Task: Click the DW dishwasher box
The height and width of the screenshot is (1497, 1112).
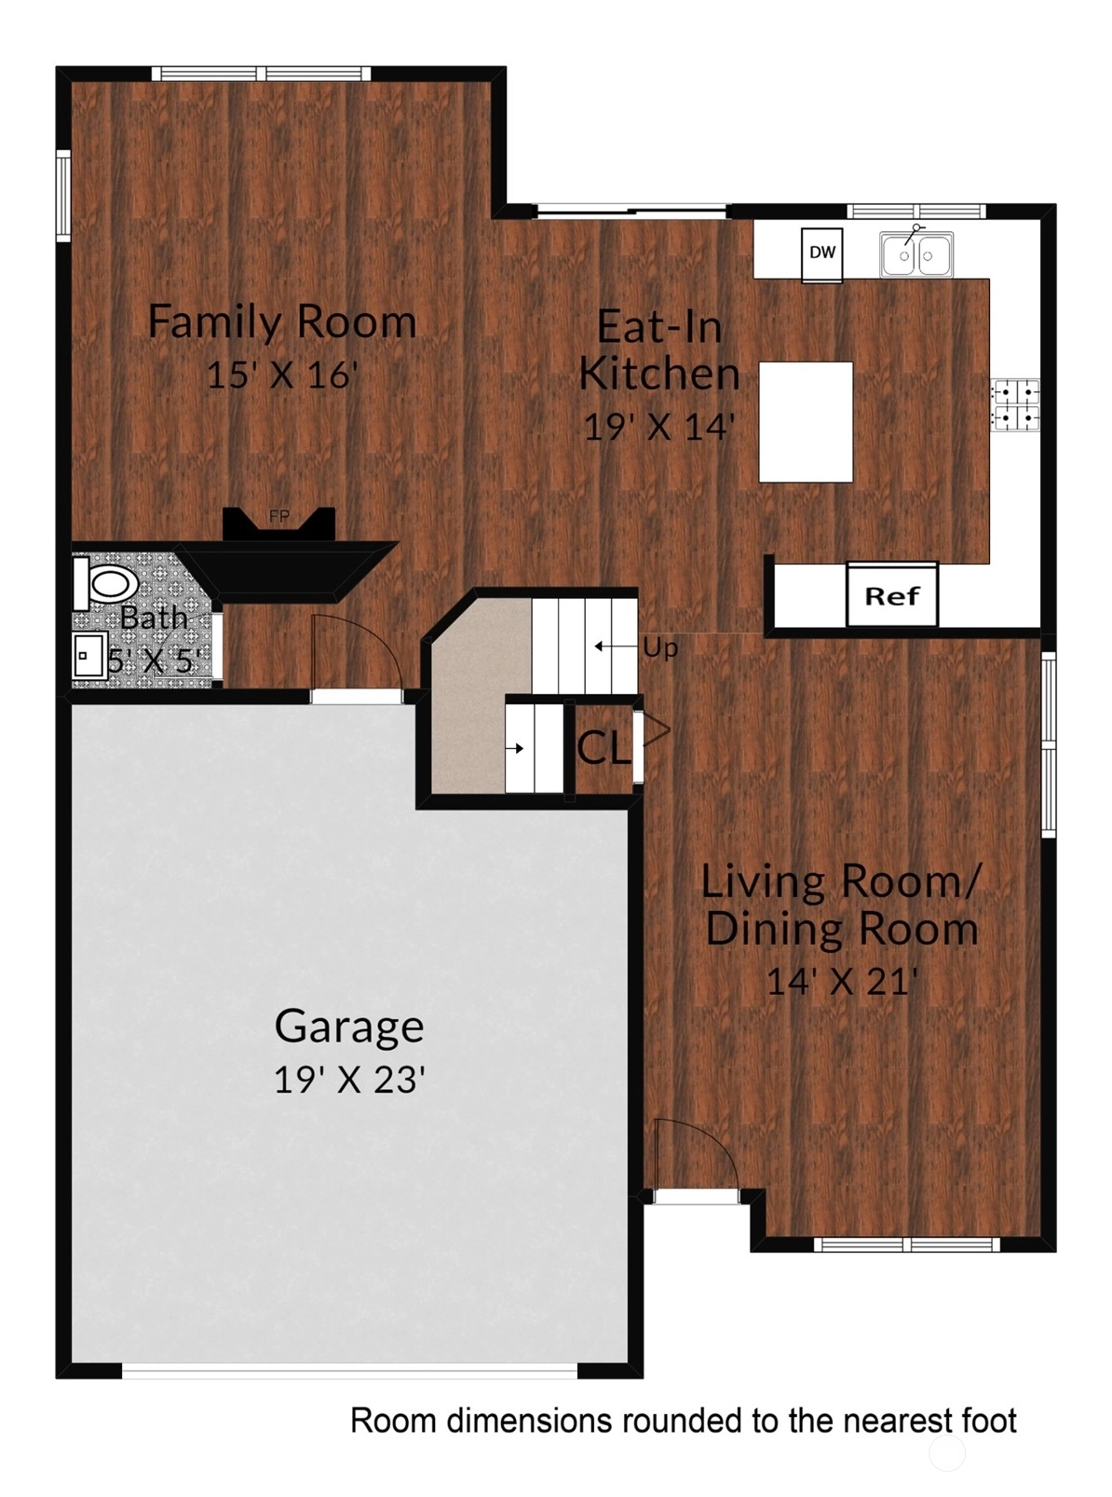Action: pyautogui.click(x=821, y=255)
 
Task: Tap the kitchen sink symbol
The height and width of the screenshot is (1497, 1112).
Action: pyautogui.click(x=915, y=253)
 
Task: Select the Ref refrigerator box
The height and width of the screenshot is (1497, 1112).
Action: pyautogui.click(x=891, y=595)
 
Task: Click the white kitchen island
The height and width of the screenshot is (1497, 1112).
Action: pyautogui.click(x=805, y=422)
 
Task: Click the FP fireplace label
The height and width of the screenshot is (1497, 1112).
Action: pyautogui.click(x=278, y=517)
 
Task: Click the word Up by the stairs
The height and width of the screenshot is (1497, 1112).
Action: pyautogui.click(x=660, y=648)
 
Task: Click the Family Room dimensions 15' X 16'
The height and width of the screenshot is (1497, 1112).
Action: pyautogui.click(x=281, y=374)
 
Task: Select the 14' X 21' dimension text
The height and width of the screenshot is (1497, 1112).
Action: pyautogui.click(x=843, y=981)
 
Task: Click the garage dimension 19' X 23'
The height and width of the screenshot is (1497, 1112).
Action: pyautogui.click(x=349, y=1080)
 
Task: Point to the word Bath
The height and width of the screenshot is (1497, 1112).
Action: pyautogui.click(x=154, y=619)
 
